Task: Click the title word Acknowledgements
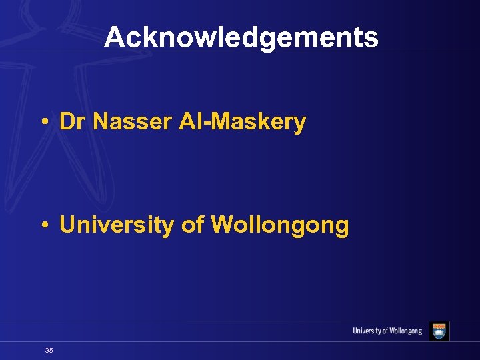(x=241, y=37)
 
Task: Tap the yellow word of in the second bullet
(x=192, y=225)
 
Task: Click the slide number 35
(x=49, y=350)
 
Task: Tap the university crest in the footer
(x=439, y=331)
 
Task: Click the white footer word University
(x=367, y=331)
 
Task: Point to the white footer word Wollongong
(x=404, y=331)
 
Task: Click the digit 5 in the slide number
(x=51, y=350)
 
